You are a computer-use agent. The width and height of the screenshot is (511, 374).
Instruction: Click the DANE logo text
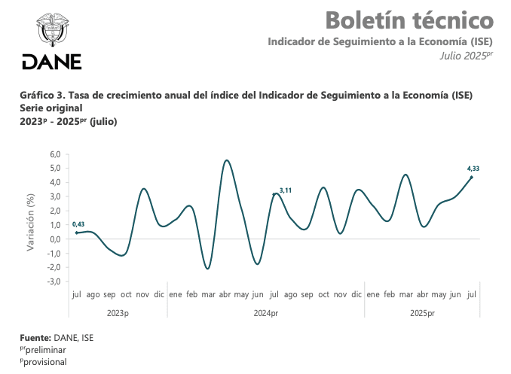51,62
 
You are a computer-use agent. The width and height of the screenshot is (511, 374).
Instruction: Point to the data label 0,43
78,224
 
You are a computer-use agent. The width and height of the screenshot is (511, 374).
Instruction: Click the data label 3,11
286,191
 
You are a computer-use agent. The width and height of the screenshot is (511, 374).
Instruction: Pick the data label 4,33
473,169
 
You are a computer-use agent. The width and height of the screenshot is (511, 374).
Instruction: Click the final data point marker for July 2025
472,177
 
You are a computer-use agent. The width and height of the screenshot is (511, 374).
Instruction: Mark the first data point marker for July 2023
76,233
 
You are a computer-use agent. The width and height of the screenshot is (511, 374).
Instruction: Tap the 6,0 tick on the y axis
54,154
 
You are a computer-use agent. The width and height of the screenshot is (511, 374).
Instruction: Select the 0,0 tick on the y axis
54,239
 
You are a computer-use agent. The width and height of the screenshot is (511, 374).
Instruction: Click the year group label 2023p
118,312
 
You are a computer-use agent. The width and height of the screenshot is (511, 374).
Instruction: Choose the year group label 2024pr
265,312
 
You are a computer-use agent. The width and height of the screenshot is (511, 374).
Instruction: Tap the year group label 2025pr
422,312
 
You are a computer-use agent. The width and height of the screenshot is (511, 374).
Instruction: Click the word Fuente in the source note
35,338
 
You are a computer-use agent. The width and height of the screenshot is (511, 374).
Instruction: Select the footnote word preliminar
47,350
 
